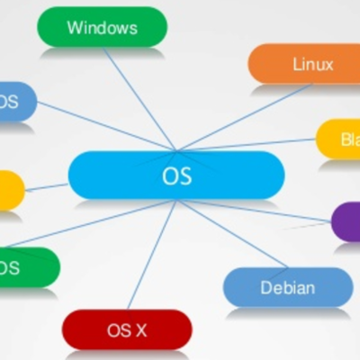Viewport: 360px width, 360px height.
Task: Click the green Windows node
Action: click(102, 27)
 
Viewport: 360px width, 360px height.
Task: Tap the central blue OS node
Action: click(176, 175)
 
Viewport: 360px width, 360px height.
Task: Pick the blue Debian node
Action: click(287, 287)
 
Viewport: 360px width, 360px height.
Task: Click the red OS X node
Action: click(127, 329)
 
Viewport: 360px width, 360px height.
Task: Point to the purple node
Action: click(346, 221)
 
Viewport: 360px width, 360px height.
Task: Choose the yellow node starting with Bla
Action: click(339, 139)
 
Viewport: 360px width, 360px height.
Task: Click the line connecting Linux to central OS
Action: click(243, 117)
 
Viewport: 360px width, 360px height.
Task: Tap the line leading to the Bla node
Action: click(252, 143)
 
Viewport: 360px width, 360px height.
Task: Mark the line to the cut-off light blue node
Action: click(99, 125)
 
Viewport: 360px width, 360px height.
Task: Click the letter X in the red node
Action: click(139, 330)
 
